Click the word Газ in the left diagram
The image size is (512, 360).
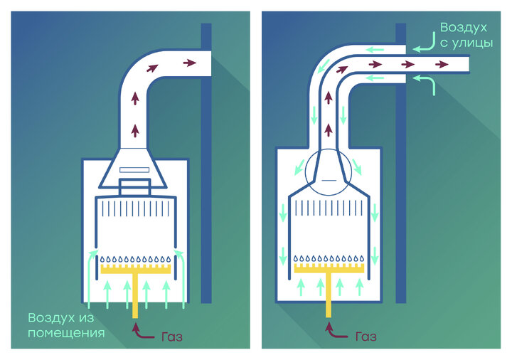pyautogui.click(x=171, y=337)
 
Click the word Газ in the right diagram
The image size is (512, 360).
pyautogui.click(x=365, y=336)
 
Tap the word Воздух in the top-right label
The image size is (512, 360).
pyautogui.click(x=464, y=28)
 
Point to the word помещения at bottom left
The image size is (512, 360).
pyautogui.click(x=66, y=333)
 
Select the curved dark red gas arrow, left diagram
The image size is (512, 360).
pyautogui.click(x=143, y=332)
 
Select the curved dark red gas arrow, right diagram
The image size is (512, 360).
pyautogui.click(x=336, y=332)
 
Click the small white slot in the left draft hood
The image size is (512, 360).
pyautogui.click(x=134, y=169)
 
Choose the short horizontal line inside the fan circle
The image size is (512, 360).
pyautogui.click(x=329, y=181)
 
